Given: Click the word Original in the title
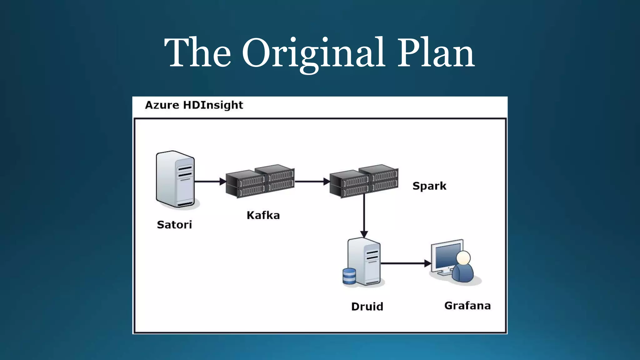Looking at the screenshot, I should click(313, 53).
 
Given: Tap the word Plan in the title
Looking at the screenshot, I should click(436, 53).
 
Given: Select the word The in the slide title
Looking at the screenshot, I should click(197, 53).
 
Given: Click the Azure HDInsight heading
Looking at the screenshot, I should click(194, 105).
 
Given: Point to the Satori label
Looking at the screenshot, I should click(174, 225).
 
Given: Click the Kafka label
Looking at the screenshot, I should click(263, 215).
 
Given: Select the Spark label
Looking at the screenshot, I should click(429, 186).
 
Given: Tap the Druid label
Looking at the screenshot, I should click(367, 307).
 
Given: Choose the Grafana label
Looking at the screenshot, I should click(467, 306).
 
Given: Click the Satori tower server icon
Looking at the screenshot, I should click(176, 179).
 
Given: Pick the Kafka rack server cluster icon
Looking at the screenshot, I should click(260, 181).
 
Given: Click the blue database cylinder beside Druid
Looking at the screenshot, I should click(349, 276).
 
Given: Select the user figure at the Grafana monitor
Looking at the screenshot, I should click(463, 267).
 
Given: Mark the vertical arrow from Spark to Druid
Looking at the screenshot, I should click(364, 216).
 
